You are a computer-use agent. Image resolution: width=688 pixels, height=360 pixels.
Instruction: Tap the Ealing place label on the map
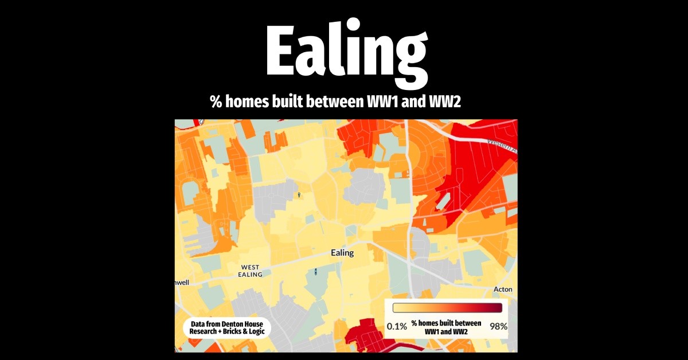[342, 253]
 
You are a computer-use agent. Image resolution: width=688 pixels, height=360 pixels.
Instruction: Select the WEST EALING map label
[250, 271]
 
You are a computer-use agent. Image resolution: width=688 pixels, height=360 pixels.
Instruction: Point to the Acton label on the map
[502, 289]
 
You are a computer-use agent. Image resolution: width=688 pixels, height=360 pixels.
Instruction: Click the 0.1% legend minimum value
[397, 326]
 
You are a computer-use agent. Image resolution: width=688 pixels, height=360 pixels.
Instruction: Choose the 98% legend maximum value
[498, 326]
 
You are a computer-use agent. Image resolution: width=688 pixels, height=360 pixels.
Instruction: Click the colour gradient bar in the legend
[447, 308]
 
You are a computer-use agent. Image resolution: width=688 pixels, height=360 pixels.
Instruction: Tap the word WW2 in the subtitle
[447, 103]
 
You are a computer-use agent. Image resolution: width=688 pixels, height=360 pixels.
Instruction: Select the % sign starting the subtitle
[216, 103]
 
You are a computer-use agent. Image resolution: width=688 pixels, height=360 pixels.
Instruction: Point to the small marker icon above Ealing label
[299, 195]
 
